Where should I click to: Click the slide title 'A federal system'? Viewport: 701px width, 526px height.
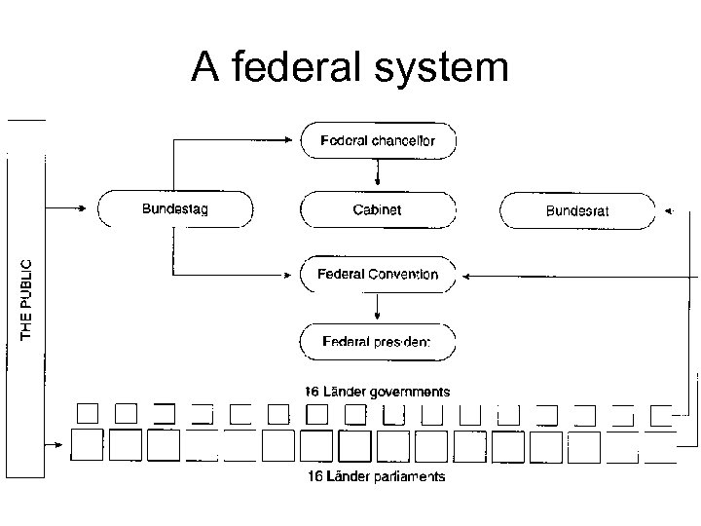coord(350,67)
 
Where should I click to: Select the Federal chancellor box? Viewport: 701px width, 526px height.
coord(378,140)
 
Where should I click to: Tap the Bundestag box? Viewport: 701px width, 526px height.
coord(175,208)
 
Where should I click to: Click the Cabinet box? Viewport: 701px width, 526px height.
coord(378,209)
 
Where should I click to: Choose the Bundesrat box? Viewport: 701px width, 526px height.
coord(577,210)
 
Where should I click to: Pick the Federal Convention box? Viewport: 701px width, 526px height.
coord(378,275)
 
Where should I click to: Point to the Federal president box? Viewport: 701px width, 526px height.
coord(378,342)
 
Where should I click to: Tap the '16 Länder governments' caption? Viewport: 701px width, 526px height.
coord(378,392)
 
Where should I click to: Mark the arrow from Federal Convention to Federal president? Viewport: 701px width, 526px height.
coord(378,309)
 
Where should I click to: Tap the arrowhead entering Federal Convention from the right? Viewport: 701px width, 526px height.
coord(465,276)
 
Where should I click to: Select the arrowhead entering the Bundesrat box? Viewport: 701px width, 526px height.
coord(666,210)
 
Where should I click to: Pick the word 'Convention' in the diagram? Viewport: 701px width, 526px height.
coord(403,275)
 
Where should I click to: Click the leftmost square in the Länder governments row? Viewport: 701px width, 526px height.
coord(89,414)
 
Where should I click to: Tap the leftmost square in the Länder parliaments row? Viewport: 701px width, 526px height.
coord(89,447)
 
